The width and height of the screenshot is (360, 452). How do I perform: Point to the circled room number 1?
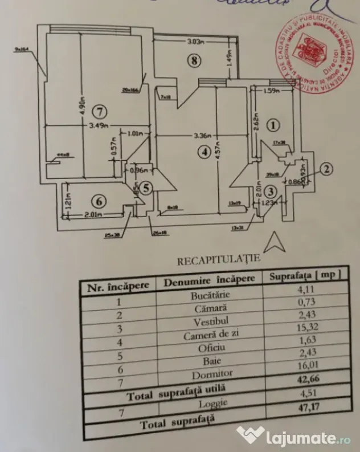274,124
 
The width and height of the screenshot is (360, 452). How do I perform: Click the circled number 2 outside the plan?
326,168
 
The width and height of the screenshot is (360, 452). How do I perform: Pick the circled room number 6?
99,201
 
